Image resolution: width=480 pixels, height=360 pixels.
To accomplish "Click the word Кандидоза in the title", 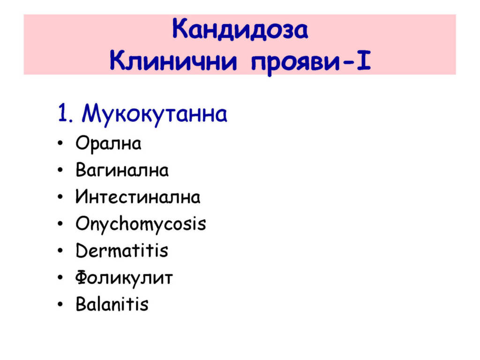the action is pos(240,30).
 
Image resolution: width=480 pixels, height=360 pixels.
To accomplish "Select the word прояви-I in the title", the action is pos(311,63).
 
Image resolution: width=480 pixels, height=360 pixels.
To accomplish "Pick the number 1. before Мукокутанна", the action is pos(65,113).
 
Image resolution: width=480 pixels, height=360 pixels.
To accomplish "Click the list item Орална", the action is pos(108,144).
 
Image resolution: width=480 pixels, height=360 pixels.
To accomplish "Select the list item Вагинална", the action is pos(122,170).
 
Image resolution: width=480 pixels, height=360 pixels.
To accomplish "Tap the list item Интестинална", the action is pos(138,196).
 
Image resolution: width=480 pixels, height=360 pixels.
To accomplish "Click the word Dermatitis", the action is pos(122,250).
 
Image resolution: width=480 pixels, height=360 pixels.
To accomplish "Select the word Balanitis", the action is pos(112,304).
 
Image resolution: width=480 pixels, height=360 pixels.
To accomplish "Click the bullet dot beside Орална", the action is pos(60,143).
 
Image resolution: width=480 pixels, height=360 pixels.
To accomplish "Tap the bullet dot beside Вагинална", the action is pos(60,170).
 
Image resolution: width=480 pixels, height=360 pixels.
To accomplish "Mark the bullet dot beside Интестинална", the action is pos(60,197).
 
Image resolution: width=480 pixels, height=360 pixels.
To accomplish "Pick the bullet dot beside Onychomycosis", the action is pos(60,224).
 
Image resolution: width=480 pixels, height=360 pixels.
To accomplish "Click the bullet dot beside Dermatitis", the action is pos(60,251).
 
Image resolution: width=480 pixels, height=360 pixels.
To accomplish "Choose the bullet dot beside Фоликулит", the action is pos(60,277).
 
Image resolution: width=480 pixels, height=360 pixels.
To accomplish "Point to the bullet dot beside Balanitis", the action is pos(60,304).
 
